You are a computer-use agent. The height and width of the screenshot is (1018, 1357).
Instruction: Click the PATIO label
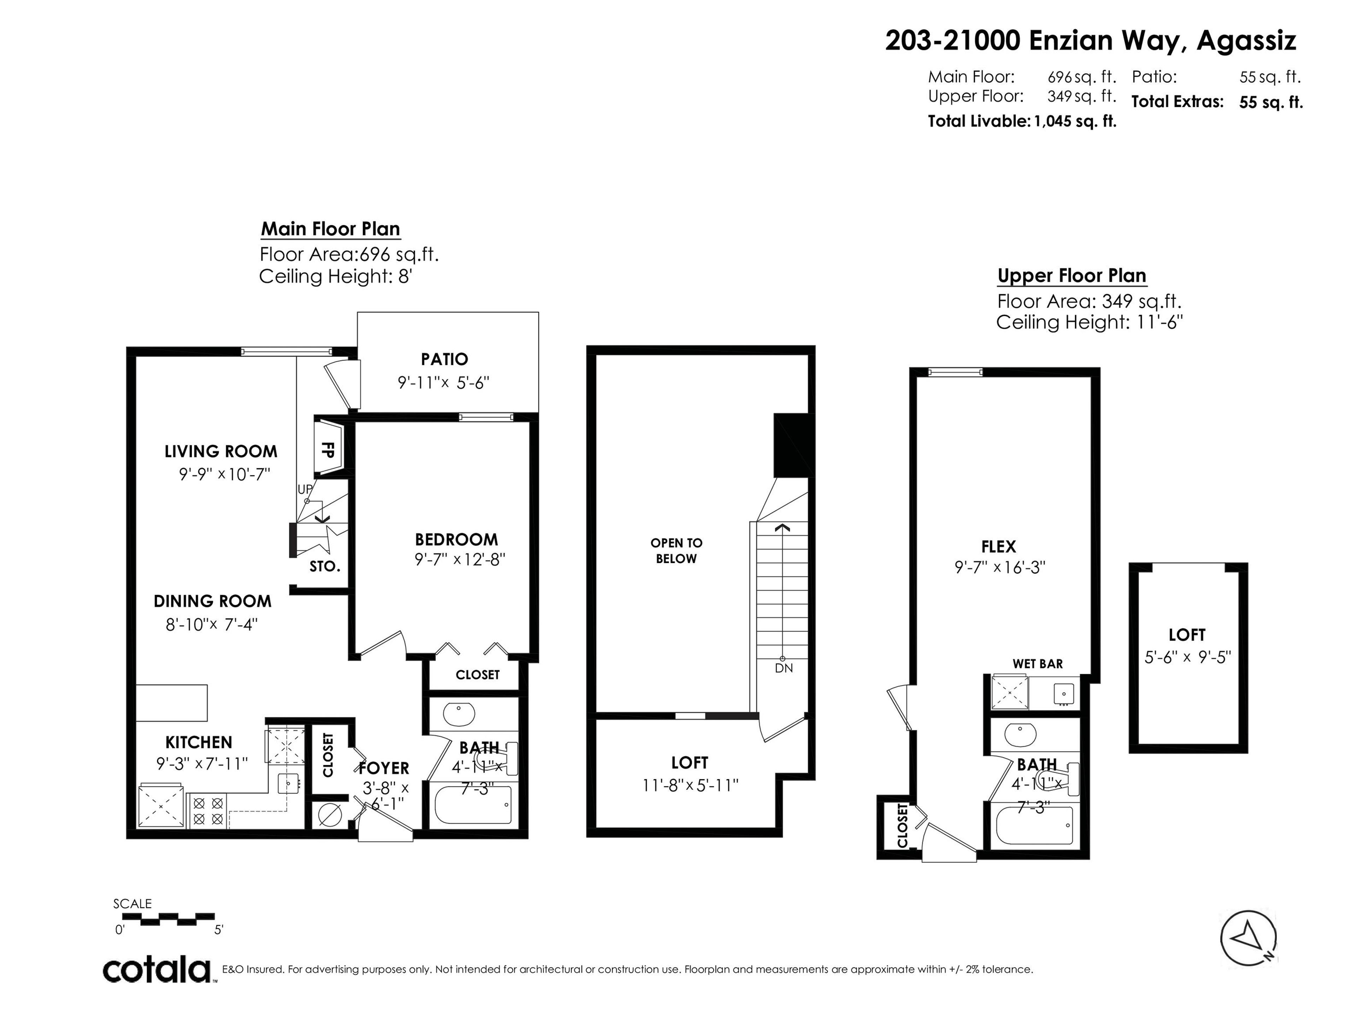click(444, 359)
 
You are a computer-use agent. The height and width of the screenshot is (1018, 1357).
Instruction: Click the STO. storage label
click(324, 566)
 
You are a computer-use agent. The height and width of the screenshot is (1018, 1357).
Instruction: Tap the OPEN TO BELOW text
click(676, 550)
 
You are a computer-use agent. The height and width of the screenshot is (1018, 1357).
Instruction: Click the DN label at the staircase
click(783, 668)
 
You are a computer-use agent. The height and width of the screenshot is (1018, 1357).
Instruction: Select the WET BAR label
click(1038, 663)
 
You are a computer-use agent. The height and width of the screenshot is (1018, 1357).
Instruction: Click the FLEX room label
click(998, 546)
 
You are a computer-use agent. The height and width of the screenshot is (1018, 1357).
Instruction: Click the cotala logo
click(157, 970)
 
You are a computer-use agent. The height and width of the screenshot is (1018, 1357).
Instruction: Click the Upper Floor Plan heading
click(1071, 275)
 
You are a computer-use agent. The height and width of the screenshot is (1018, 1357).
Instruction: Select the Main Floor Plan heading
click(331, 229)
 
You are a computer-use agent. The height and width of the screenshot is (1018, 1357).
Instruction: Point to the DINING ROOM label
click(212, 601)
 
